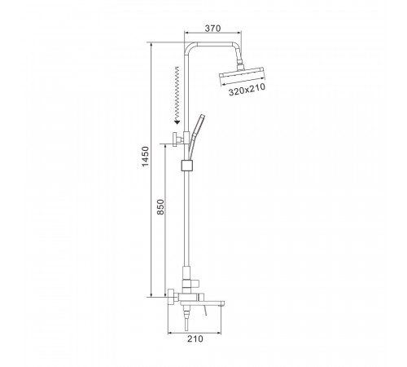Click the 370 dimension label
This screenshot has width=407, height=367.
coord(212,29)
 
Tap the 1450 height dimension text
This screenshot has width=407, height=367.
coord(146,157)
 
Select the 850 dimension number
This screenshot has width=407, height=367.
coord(160,207)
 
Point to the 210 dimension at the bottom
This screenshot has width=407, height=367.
coord(195,338)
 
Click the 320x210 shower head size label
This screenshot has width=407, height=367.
coord(247,90)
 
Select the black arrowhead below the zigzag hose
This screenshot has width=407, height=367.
coord(177,122)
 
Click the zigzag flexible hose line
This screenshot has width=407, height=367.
coord(177,94)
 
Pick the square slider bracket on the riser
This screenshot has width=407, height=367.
coord(186,166)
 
